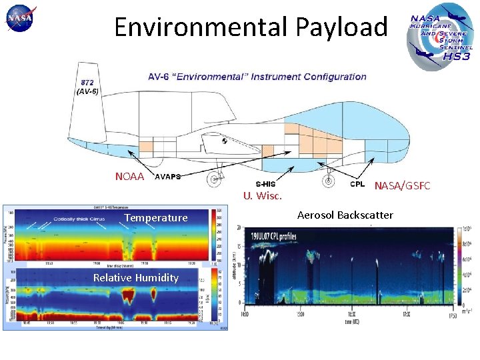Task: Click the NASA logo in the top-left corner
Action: [21, 19]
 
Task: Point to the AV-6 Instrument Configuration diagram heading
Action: [257, 77]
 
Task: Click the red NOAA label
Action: [129, 177]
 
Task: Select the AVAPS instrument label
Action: [167, 177]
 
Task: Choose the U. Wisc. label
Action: [263, 195]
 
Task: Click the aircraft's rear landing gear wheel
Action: [215, 179]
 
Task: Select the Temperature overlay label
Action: [156, 218]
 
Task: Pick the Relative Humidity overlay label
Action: [136, 277]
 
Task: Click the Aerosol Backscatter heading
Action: [345, 215]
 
